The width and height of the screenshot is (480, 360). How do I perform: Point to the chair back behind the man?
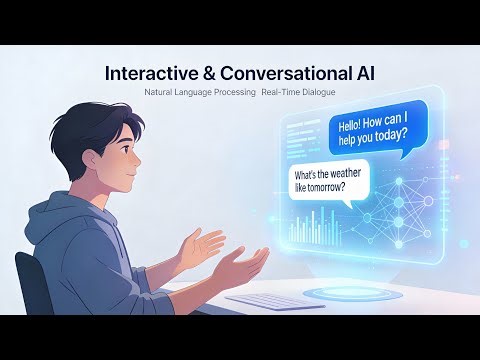coord(28,280)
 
